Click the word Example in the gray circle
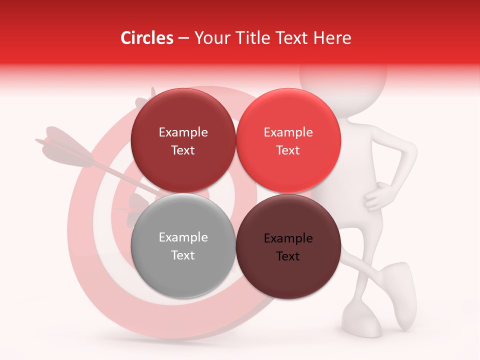183,237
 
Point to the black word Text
287,256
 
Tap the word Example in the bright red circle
288,132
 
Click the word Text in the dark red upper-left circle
183,150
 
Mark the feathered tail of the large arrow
65,148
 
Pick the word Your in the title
211,38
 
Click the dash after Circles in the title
183,38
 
